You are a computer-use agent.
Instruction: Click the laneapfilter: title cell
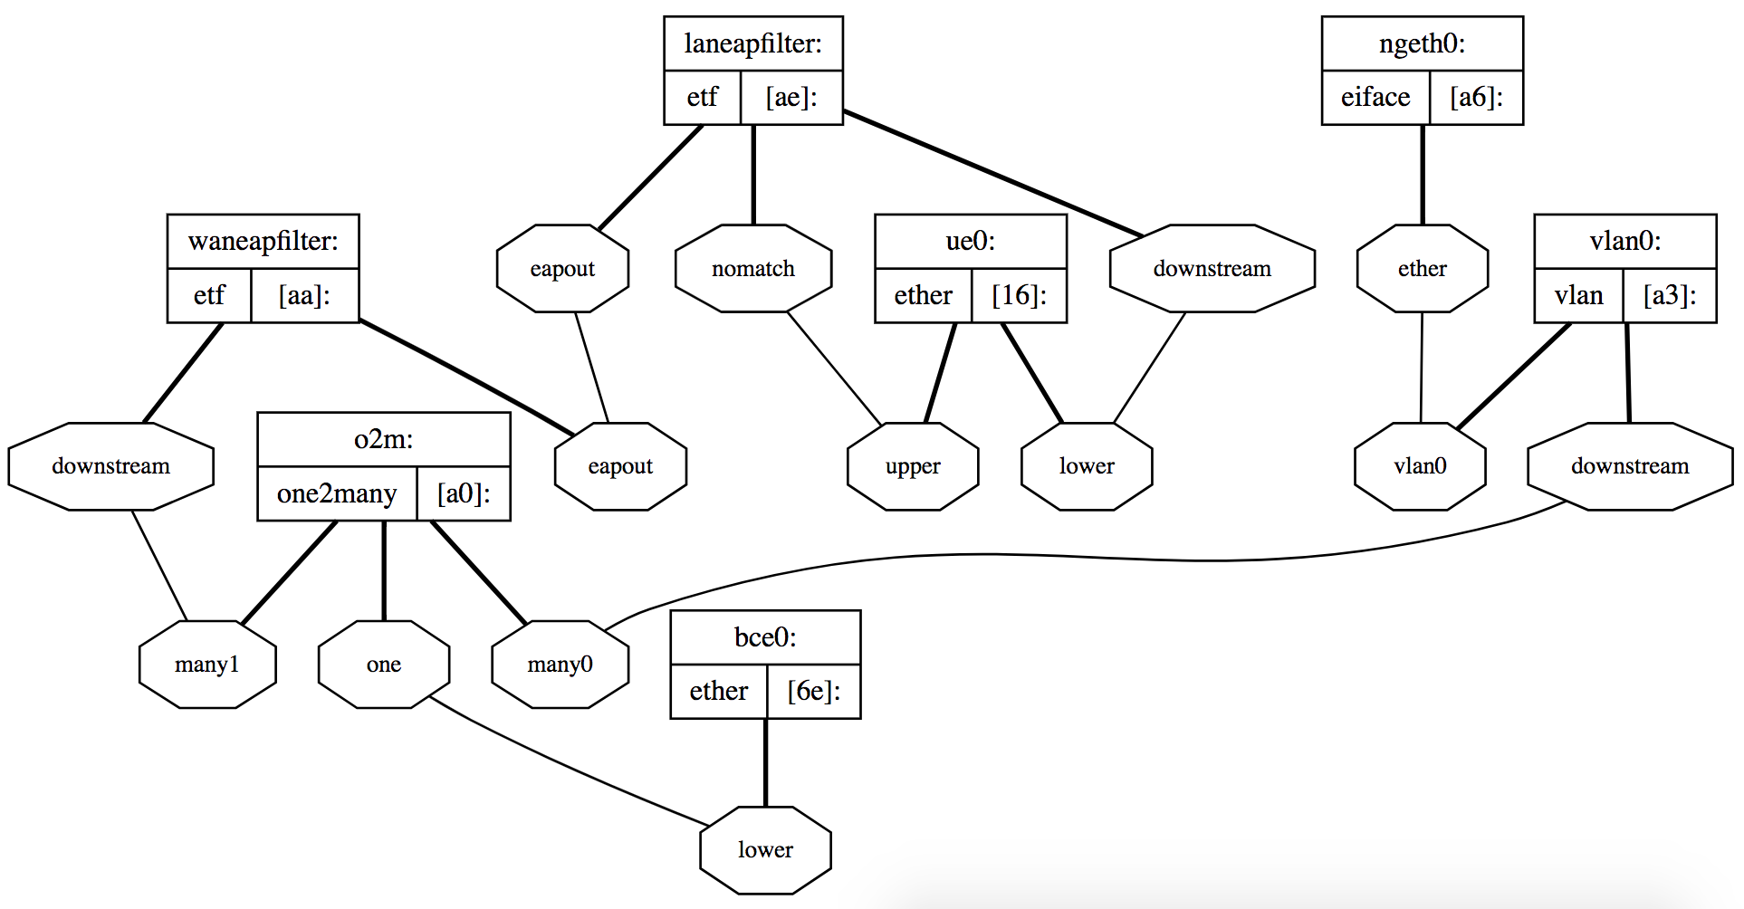(752, 43)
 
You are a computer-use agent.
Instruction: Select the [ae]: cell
(791, 97)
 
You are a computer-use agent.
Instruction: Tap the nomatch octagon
(752, 269)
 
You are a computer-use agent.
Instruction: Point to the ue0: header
(970, 241)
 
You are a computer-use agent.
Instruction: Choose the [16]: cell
(1019, 295)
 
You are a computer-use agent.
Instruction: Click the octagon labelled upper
(913, 466)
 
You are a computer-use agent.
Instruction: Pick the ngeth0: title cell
(1422, 43)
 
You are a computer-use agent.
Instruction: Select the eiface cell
(1375, 97)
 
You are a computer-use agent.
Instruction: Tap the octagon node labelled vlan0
(1420, 466)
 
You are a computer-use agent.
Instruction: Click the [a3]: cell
(1669, 295)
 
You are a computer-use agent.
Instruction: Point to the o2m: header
(383, 439)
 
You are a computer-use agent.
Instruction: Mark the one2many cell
(337, 493)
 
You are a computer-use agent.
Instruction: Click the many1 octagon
(207, 665)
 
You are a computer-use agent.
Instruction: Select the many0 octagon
(560, 665)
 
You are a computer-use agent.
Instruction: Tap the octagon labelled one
(384, 665)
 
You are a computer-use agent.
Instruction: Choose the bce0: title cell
(765, 637)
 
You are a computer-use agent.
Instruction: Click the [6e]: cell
(813, 692)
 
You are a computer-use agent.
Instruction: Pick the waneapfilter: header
(263, 241)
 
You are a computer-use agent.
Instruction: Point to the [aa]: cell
(304, 295)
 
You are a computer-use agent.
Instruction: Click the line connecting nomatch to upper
(834, 368)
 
